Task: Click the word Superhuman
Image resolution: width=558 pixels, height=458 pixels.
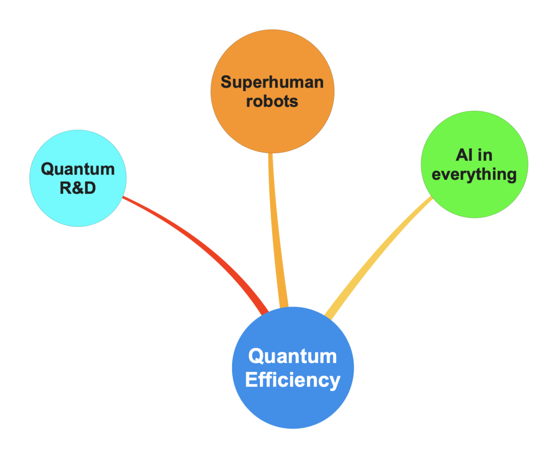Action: tap(272, 82)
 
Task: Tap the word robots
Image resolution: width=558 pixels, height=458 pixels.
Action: tap(272, 101)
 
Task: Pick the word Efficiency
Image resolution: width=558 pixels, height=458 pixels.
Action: tap(293, 380)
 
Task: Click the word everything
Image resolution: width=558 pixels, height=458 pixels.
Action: tap(474, 174)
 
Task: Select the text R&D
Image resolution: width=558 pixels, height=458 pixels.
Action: tap(78, 188)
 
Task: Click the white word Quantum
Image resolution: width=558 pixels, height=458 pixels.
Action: tap(293, 356)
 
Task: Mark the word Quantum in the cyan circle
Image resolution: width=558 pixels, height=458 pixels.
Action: tap(78, 169)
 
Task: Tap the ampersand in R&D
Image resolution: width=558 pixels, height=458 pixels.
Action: tap(78, 188)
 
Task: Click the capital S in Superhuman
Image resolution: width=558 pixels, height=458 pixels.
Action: tap(226, 82)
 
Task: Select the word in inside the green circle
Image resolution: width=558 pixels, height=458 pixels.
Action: tap(485, 155)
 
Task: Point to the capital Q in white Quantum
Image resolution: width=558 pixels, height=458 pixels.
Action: tap(256, 356)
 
